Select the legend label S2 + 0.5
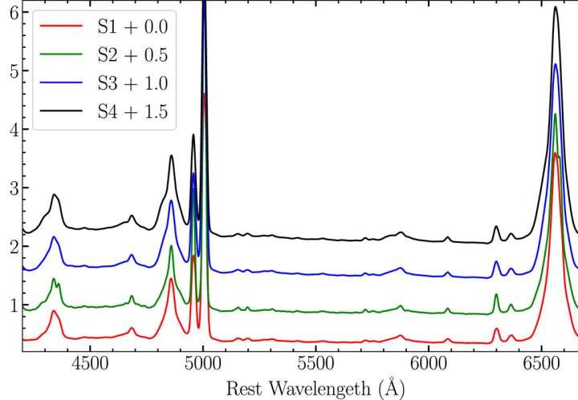tap(132, 55)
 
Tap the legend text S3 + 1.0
tap(132, 84)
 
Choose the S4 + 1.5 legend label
tap(132, 113)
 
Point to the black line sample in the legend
tap(59, 113)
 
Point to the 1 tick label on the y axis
tap(12, 305)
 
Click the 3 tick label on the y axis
tap(12, 188)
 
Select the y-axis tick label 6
tap(12, 13)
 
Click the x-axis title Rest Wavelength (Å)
tap(315, 388)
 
